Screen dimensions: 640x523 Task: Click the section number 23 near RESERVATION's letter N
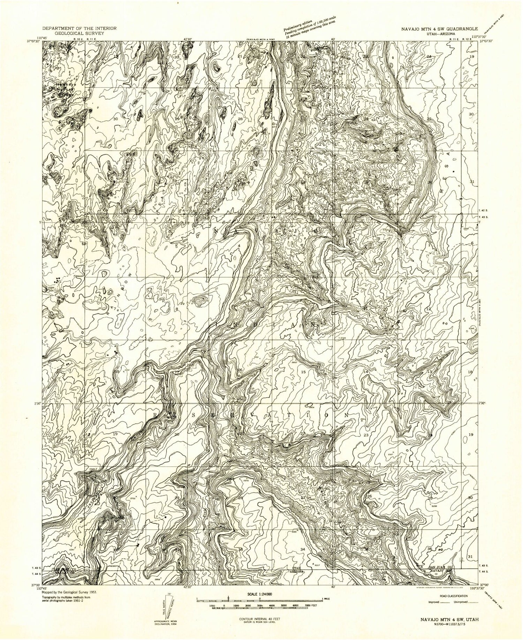point(366,435)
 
